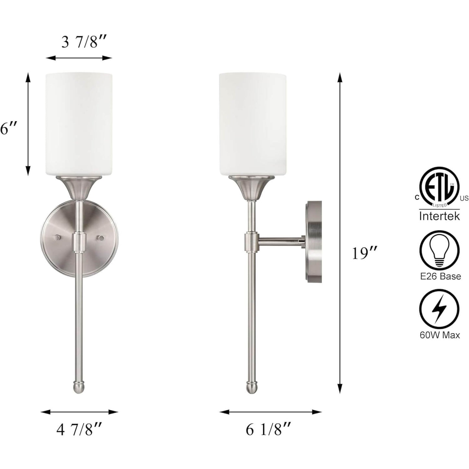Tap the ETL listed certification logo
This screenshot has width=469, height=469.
(x=439, y=187)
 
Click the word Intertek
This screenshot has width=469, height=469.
(x=439, y=216)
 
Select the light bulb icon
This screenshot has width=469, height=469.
(x=439, y=251)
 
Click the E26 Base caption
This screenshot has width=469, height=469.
(x=439, y=276)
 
